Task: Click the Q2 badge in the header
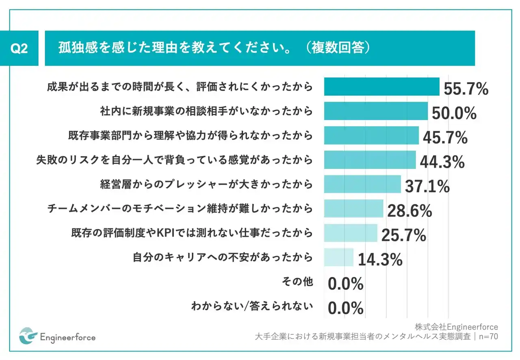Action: (x=19, y=48)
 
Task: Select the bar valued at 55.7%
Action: (x=381, y=87)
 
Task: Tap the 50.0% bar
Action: (x=376, y=111)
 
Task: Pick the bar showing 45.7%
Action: (x=371, y=135)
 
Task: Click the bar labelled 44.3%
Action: (x=370, y=160)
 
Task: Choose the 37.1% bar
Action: (x=362, y=184)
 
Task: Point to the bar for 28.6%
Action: (x=353, y=208)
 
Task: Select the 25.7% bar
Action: (x=351, y=233)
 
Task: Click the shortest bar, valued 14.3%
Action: (x=339, y=257)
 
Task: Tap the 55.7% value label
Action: (x=466, y=89)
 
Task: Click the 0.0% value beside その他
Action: (x=345, y=284)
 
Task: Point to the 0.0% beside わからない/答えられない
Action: (x=345, y=309)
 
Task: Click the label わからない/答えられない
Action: (x=252, y=306)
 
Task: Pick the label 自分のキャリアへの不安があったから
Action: (x=223, y=257)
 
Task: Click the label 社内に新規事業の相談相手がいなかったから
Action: (x=207, y=111)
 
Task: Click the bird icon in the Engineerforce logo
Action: (x=28, y=336)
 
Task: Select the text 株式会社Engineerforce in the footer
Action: (x=456, y=327)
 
